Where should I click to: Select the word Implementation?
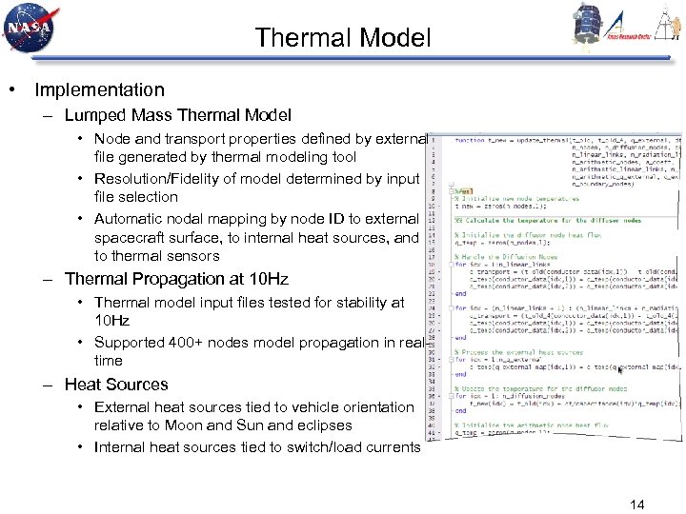pyautogui.click(x=99, y=90)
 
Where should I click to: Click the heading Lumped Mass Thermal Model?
pyautogui.click(x=177, y=115)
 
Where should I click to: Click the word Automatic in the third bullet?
pyautogui.click(x=130, y=218)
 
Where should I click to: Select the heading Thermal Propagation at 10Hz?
pyautogui.click(x=175, y=279)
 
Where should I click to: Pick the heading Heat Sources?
pyautogui.click(x=115, y=385)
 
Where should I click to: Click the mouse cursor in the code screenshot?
pyautogui.click(x=622, y=388)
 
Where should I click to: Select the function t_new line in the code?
pyautogui.click(x=534, y=140)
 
